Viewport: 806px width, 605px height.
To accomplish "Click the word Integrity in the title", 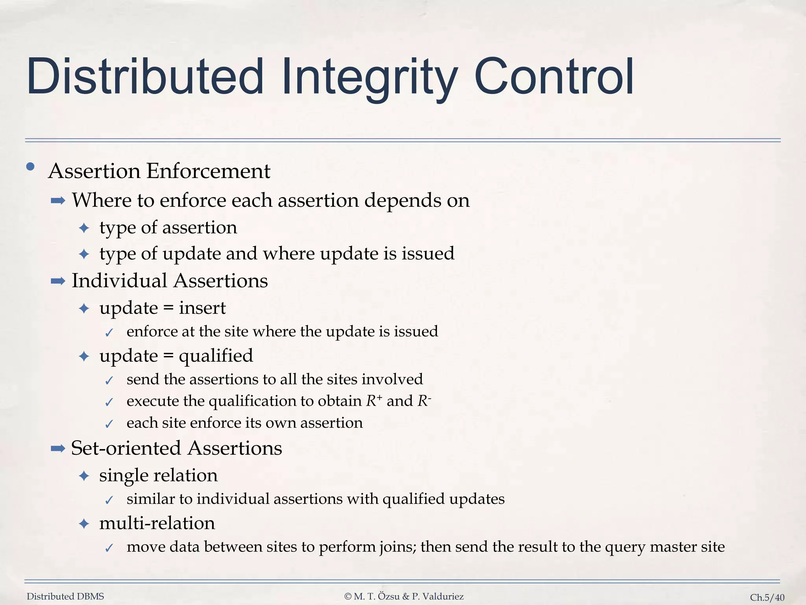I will (370, 77).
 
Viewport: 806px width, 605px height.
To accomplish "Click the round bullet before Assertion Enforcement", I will (30, 167).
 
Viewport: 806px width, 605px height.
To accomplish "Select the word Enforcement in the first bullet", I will (208, 171).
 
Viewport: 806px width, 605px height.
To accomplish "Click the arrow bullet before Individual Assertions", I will (58, 281).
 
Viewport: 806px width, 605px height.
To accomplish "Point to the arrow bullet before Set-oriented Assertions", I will (58, 448).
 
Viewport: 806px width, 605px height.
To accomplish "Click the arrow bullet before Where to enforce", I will (58, 201).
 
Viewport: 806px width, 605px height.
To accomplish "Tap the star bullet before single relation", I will (84, 476).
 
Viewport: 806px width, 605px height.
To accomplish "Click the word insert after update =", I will (202, 308).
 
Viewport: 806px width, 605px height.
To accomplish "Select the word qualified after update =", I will (216, 356).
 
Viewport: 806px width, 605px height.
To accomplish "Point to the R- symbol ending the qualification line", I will (424, 401).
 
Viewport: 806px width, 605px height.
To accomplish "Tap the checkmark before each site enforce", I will (109, 424).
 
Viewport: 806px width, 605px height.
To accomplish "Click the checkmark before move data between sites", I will (109, 548).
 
